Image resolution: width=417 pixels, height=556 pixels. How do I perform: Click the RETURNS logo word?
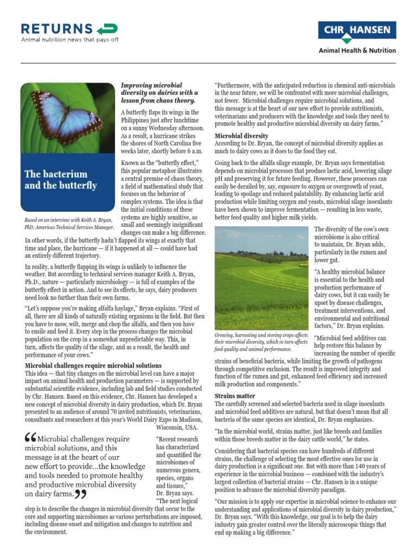(x=56, y=29)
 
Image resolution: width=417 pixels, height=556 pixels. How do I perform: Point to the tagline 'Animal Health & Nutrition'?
(x=357, y=50)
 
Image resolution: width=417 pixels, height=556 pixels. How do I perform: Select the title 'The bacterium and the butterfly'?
(x=61, y=179)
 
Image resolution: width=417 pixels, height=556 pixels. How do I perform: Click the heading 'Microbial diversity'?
(x=242, y=136)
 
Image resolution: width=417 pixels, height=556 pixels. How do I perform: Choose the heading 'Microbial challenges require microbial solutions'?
(x=93, y=365)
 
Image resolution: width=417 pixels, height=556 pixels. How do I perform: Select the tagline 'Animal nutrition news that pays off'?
(x=69, y=40)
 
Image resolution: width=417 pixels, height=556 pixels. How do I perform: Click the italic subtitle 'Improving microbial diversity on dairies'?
(x=159, y=93)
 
